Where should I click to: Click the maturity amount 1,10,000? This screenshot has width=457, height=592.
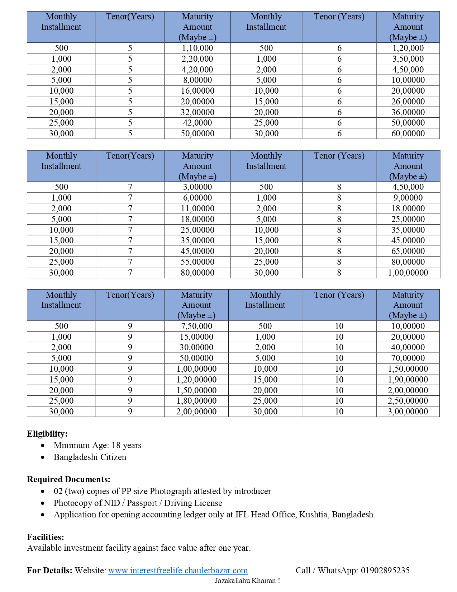[x=197, y=48]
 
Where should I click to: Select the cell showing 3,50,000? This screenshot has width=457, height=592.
[x=408, y=59]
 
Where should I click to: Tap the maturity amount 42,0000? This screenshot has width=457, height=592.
[x=197, y=123]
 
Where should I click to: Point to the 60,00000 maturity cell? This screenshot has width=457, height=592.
[x=408, y=133]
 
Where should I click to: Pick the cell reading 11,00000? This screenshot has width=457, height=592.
[x=197, y=208]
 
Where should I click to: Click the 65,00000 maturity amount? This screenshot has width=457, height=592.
[x=408, y=251]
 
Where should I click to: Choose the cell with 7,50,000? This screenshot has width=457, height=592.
[x=196, y=326]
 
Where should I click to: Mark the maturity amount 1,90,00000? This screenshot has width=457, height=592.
[x=408, y=380]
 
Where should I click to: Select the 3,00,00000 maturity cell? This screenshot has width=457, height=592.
[x=408, y=412]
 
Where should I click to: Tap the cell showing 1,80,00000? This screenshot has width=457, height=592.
[x=196, y=401]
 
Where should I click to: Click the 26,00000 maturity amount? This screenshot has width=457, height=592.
[x=408, y=102]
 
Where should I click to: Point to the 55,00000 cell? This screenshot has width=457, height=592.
[x=197, y=262]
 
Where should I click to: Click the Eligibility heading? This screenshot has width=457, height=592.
[x=47, y=434]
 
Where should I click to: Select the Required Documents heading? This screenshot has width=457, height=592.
[x=68, y=479]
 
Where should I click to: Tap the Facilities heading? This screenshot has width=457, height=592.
[x=46, y=537]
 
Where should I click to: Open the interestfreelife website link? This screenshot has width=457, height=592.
[x=178, y=570]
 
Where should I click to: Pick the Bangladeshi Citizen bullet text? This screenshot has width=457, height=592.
[x=90, y=457]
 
